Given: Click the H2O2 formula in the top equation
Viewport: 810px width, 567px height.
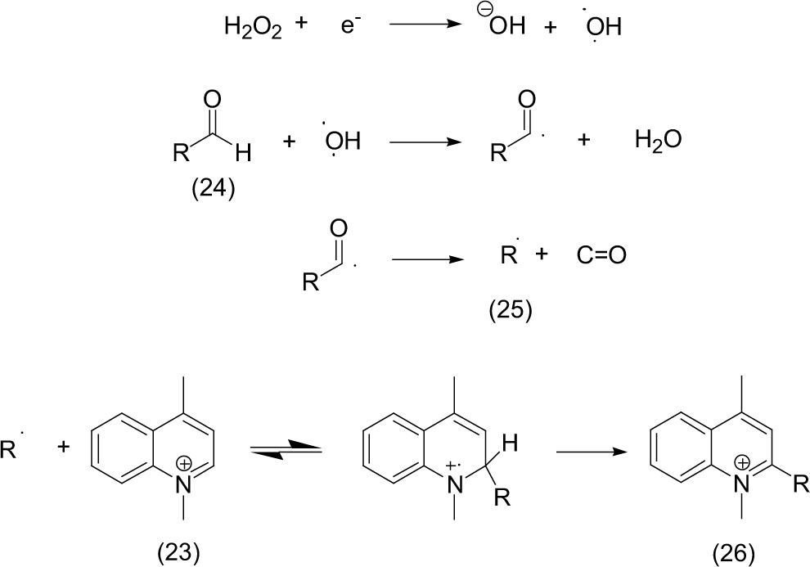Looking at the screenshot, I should click(x=253, y=28).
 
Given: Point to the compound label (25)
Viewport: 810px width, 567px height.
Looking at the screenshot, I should click(x=511, y=312).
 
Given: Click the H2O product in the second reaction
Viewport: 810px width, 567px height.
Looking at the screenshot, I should click(x=658, y=141).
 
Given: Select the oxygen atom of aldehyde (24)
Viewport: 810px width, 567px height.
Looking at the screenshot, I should click(x=212, y=99).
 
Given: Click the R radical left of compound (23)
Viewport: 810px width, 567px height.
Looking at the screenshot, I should click(x=10, y=451).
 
